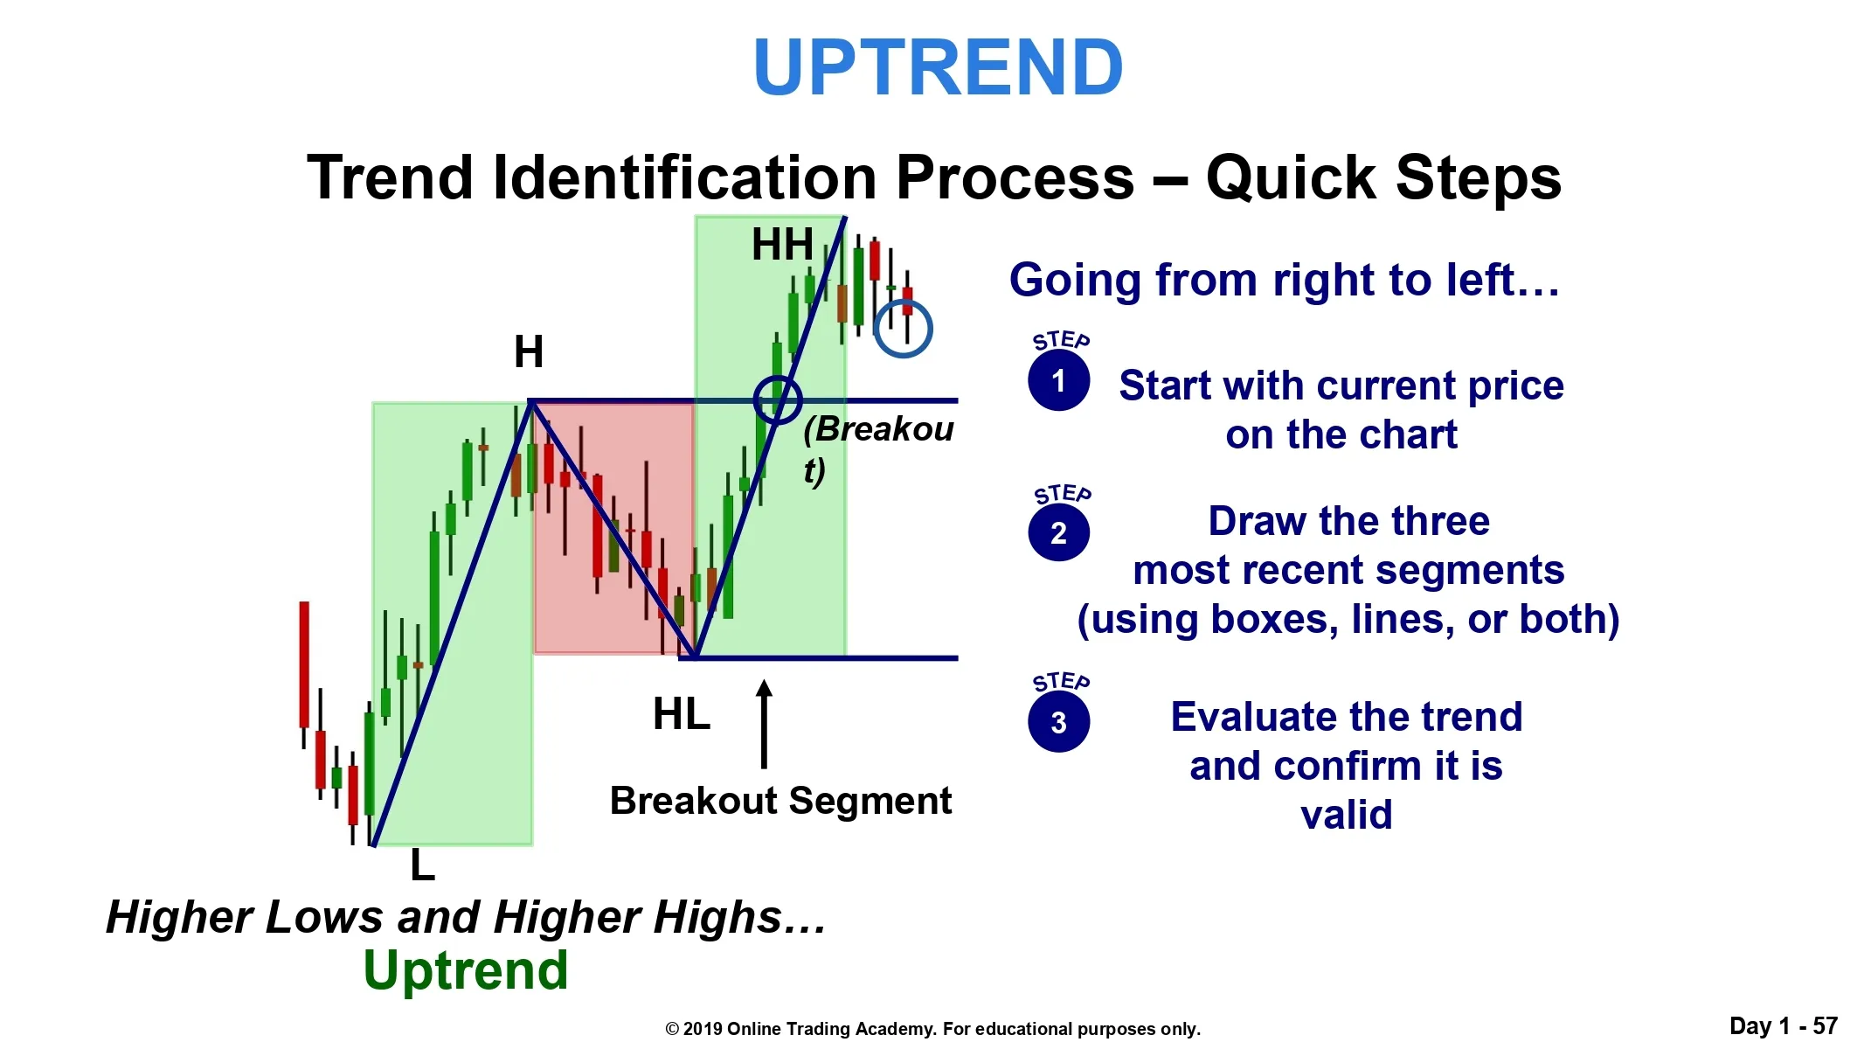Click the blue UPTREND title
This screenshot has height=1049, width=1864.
(x=938, y=67)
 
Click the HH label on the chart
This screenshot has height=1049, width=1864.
(x=782, y=245)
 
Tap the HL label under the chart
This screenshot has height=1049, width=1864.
(x=682, y=714)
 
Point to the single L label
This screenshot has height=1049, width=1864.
(x=423, y=865)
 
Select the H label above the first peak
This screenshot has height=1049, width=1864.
(x=529, y=352)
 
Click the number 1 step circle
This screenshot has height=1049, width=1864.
(x=1058, y=380)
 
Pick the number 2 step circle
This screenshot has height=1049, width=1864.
(x=1058, y=531)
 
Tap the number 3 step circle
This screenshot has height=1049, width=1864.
(x=1058, y=721)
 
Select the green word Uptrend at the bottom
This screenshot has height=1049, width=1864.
(x=466, y=970)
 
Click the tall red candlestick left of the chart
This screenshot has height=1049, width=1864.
(x=304, y=664)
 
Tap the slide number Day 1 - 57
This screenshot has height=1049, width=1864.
(x=1784, y=1025)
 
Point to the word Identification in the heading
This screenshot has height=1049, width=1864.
(x=683, y=177)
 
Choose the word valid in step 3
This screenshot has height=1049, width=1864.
(x=1347, y=815)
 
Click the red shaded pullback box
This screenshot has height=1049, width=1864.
(x=613, y=528)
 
